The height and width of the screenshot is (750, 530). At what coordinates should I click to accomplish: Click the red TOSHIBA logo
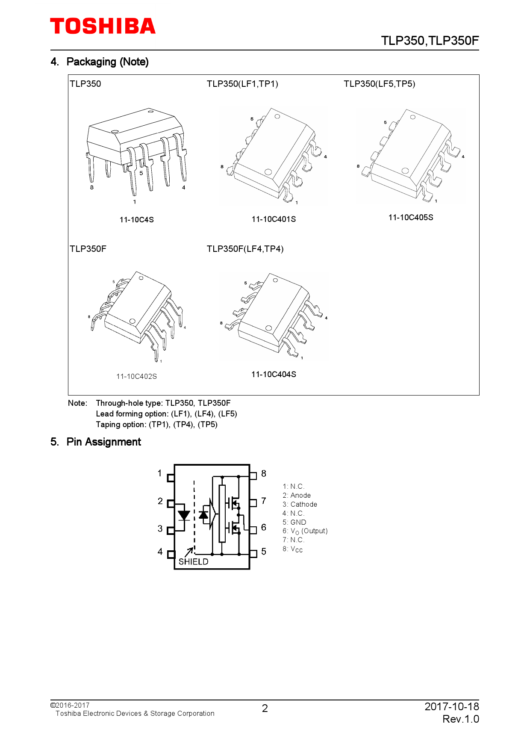pos(103,26)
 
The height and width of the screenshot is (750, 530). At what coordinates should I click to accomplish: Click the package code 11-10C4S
pos(136,220)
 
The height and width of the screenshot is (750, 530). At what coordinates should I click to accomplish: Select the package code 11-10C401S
pos(274,219)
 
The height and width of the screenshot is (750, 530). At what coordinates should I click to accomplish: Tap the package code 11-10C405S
pos(410,218)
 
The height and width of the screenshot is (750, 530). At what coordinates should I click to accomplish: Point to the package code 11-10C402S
pos(136,376)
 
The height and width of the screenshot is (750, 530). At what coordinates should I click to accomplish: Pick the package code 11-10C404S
pos(274,375)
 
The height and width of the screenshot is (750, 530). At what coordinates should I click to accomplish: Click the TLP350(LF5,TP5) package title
pos(379,84)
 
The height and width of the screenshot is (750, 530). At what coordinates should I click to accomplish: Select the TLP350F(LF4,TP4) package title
pos(245,249)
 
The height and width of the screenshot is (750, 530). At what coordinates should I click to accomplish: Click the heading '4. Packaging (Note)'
pos(100,62)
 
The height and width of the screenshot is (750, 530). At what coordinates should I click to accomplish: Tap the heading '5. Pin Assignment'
pos(96,442)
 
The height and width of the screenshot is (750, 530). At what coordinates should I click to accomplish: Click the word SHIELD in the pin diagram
pos(193,561)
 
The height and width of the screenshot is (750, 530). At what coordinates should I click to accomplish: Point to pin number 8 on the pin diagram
pos(264,474)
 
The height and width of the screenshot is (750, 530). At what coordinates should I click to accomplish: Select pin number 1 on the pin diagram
pos(160,473)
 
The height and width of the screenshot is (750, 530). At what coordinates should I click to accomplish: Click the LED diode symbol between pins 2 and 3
pos(184,515)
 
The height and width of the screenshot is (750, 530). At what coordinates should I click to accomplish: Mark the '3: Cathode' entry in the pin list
pos(300,505)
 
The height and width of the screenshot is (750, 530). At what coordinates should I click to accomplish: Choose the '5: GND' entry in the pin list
pos(294,522)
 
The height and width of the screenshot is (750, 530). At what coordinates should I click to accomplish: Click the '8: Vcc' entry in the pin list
pos(292,549)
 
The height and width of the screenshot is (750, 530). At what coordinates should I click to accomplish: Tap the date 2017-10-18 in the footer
pos(451,706)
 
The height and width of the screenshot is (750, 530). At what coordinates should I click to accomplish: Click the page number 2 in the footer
pos(265,709)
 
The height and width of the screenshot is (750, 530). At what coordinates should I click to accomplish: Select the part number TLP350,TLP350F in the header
pos(430,41)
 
